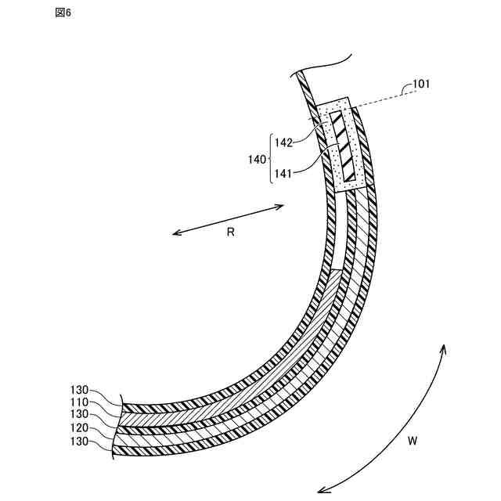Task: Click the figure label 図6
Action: point(63,13)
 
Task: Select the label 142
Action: point(283,142)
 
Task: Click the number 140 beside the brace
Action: point(257,160)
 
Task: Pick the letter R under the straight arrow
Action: point(230,232)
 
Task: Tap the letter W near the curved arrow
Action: point(413,442)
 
